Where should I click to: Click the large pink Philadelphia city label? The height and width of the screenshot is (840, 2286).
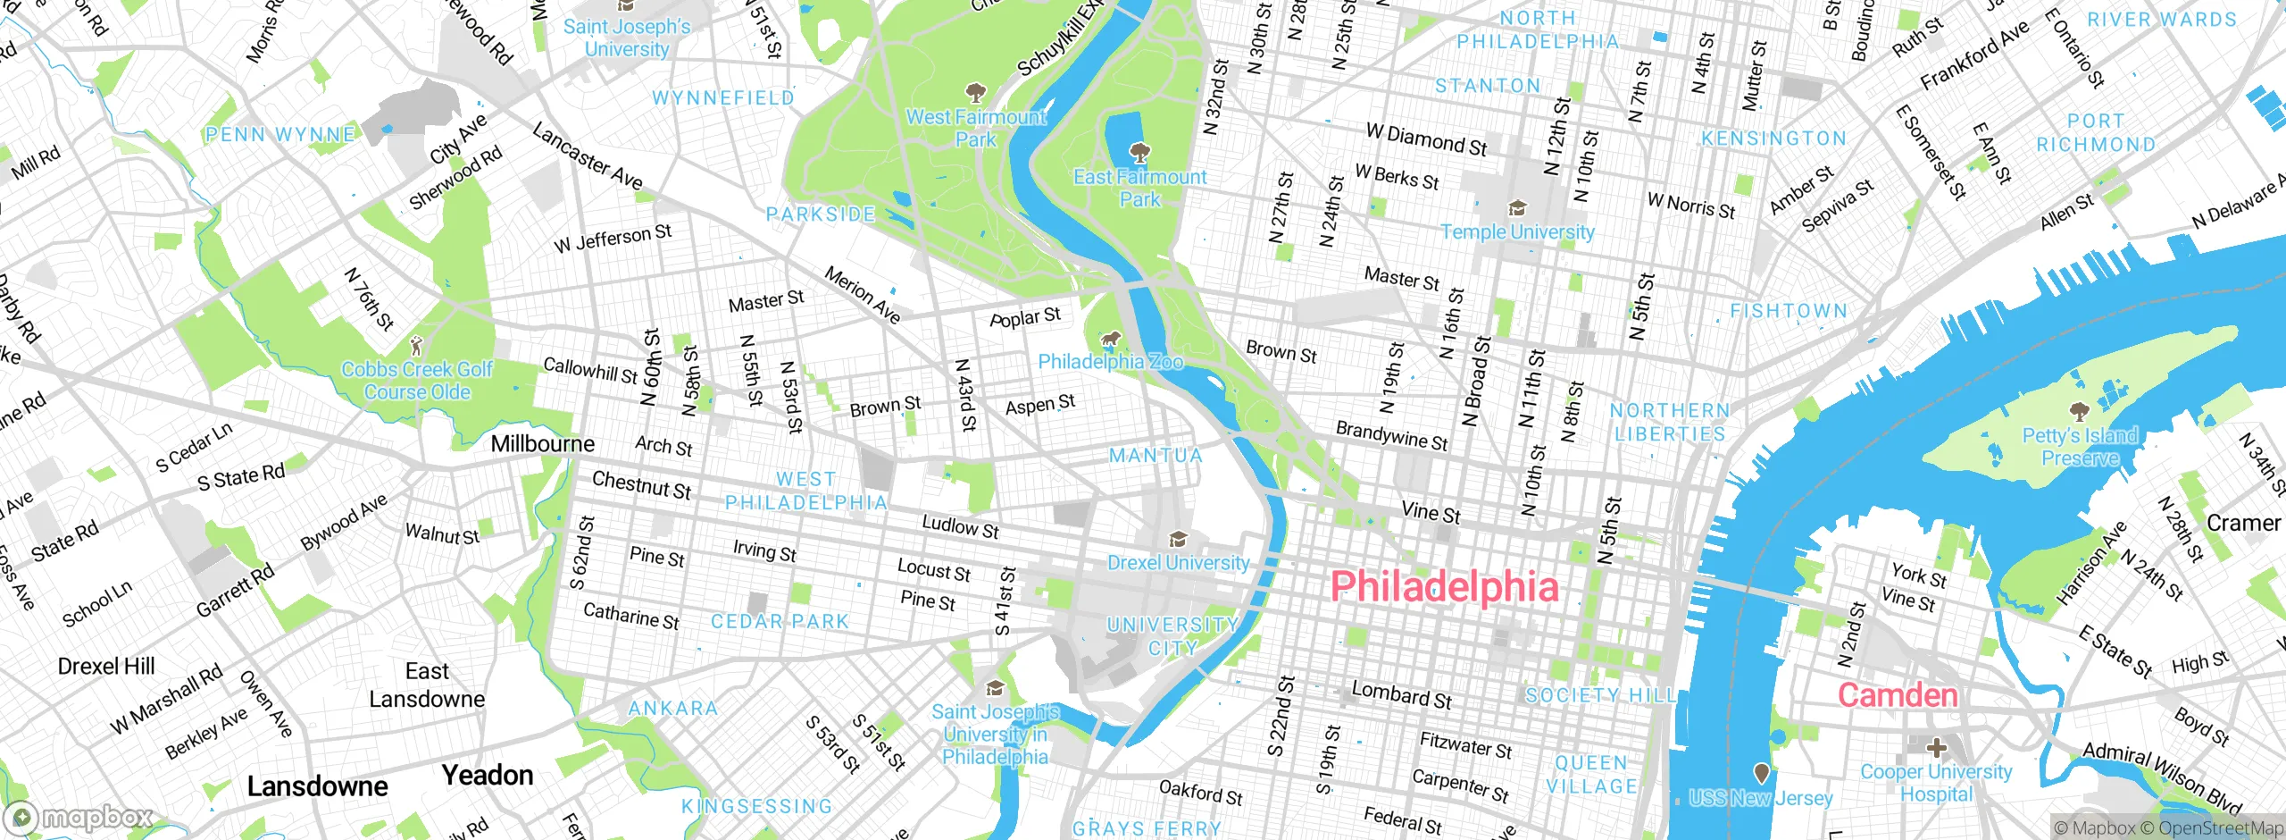coord(1444,587)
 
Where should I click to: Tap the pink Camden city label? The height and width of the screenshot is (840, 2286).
coord(1897,695)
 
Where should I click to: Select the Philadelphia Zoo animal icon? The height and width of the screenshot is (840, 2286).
coord(1110,339)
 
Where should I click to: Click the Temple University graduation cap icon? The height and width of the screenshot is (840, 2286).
coord(1516,209)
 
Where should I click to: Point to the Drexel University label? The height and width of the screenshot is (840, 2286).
coord(1178,563)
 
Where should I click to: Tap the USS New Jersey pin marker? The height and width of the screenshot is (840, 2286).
coord(1761,772)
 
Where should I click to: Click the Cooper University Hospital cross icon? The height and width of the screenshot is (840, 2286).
coord(1936,747)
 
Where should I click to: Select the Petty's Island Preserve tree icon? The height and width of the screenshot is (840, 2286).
coord(2080,411)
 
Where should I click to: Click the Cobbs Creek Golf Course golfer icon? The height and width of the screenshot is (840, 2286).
coord(415,345)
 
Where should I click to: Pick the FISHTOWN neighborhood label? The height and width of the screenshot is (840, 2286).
coord(1789,311)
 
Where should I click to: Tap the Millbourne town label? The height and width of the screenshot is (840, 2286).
coord(542,444)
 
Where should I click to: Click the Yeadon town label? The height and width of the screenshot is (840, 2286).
coord(488,775)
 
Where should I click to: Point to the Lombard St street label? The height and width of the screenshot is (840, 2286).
coord(1400,694)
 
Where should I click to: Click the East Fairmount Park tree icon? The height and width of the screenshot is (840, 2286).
coord(1139,153)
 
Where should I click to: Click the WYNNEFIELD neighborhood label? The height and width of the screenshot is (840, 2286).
coord(722,97)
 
